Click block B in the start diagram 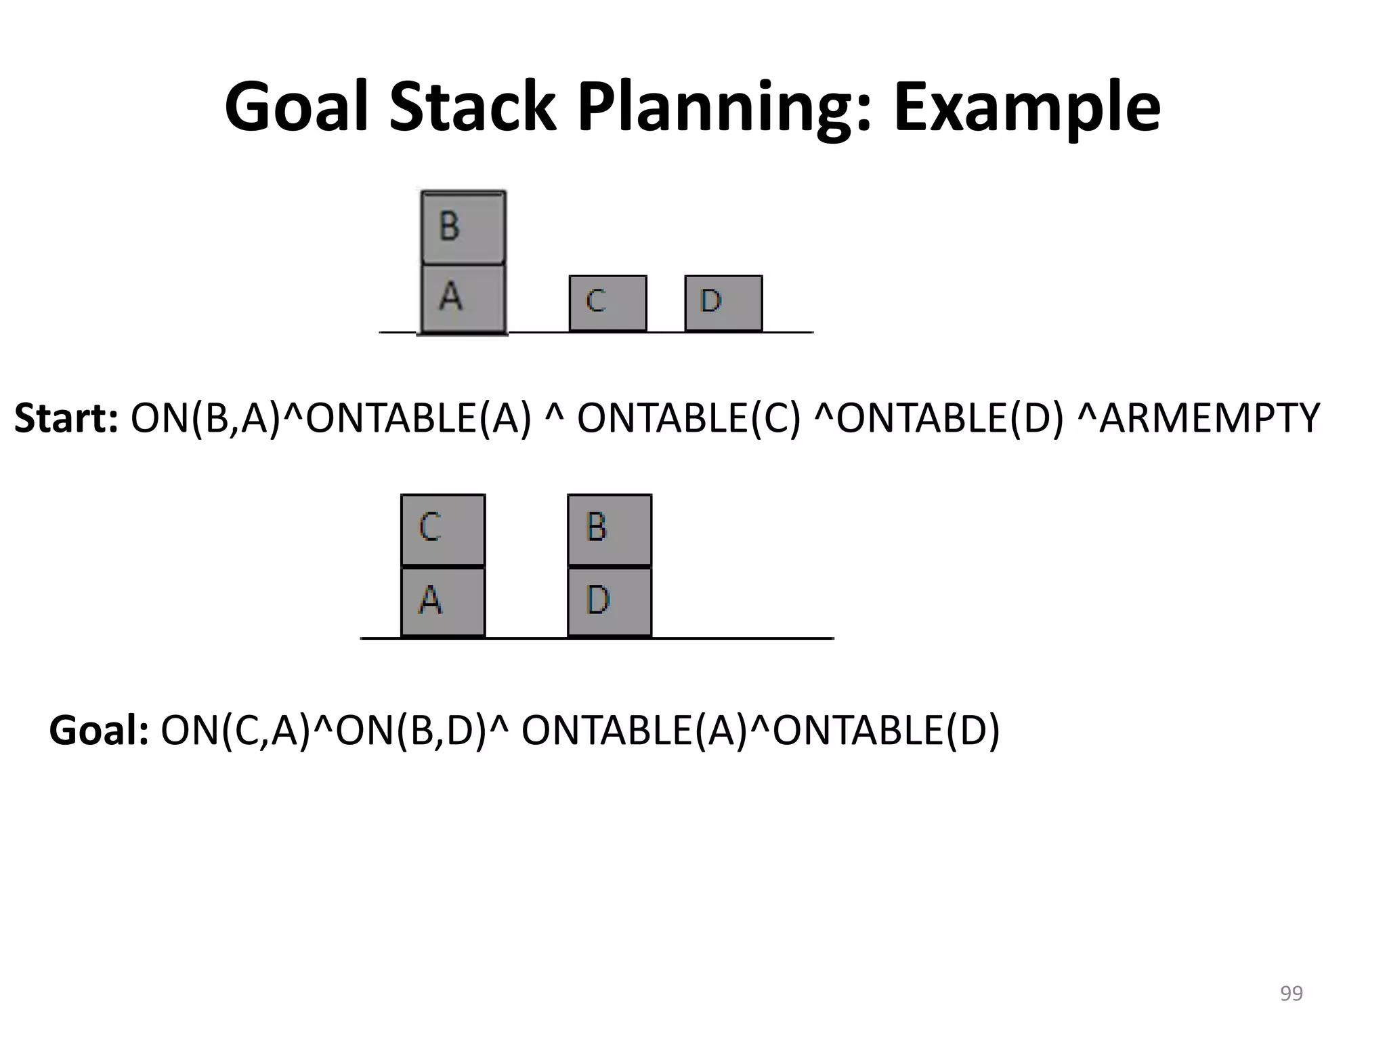[463, 227]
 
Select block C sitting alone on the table [607, 303]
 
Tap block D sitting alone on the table [723, 303]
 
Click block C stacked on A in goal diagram [443, 529]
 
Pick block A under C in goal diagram [443, 601]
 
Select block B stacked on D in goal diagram [610, 529]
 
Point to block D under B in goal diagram [610, 601]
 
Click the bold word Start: [66, 418]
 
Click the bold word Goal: [99, 731]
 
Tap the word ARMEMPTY [1209, 418]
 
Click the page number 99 [1291, 994]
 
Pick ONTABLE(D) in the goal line [886, 731]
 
